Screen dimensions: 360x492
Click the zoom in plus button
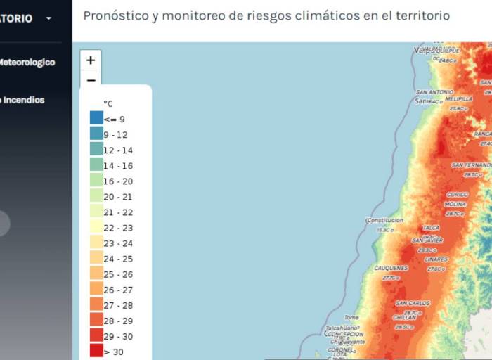pyautogui.click(x=91, y=60)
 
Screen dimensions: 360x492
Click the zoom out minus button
pyautogui.click(x=91, y=79)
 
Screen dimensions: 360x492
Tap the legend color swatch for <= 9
pyautogui.click(x=96, y=119)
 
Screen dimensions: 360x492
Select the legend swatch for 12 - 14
pyautogui.click(x=96, y=150)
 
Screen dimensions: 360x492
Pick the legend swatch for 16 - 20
pyautogui.click(x=96, y=181)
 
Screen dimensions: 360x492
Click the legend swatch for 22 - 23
pyautogui.click(x=96, y=227)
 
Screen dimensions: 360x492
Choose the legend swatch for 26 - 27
pyautogui.click(x=96, y=289)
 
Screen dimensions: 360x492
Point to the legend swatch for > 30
pyautogui.click(x=96, y=351)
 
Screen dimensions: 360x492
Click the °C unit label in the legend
pyautogui.click(x=108, y=103)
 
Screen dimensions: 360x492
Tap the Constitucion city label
pyautogui.click(x=384, y=220)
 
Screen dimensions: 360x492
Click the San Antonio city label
pyautogui.click(x=434, y=92)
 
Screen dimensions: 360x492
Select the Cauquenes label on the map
pyautogui.click(x=391, y=268)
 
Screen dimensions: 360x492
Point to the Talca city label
pyautogui.click(x=431, y=228)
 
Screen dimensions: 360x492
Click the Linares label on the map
pyautogui.click(x=436, y=259)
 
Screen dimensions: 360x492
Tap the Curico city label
pyautogui.click(x=457, y=195)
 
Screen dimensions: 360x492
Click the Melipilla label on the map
pyautogui.click(x=458, y=99)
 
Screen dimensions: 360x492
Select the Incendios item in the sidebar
pyautogui.click(x=21, y=100)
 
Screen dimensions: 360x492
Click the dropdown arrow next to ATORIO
pyautogui.click(x=48, y=18)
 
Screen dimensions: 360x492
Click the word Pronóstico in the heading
pyautogui.click(x=114, y=15)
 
